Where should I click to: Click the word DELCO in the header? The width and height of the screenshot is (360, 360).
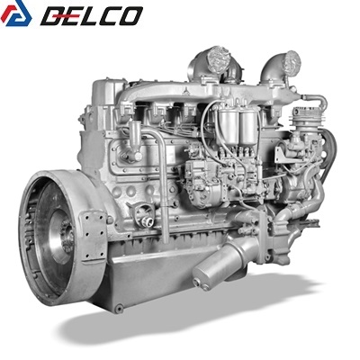pyautogui.click(x=92, y=15)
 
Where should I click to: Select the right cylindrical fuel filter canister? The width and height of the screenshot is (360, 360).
pyautogui.click(x=248, y=126)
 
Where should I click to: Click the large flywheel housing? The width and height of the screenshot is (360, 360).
pyautogui.click(x=60, y=237)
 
